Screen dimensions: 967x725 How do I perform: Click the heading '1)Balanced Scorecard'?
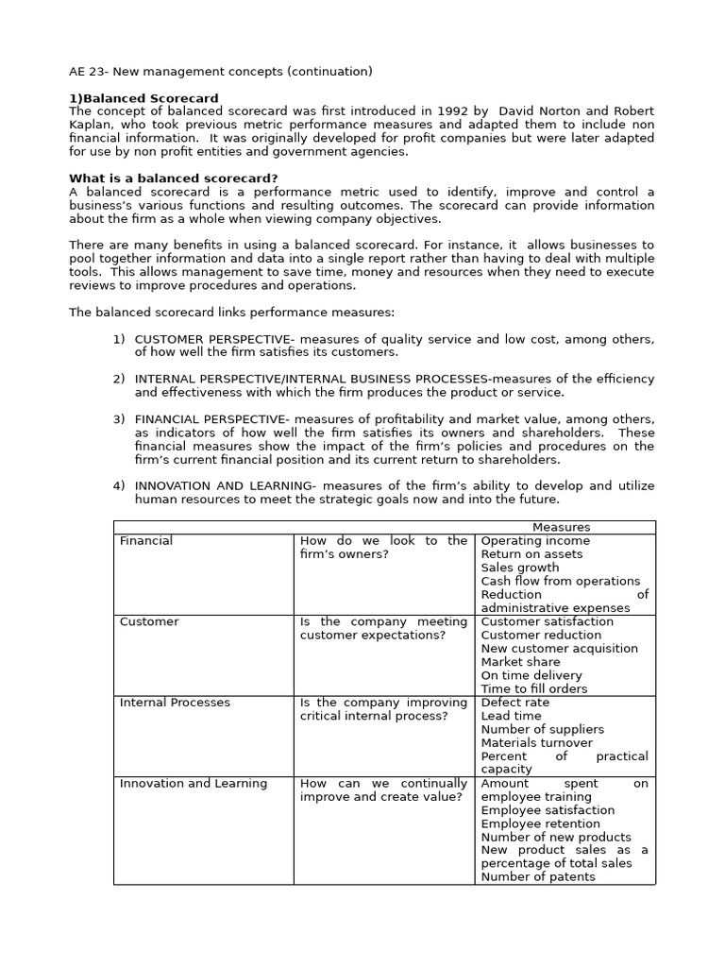[x=143, y=98]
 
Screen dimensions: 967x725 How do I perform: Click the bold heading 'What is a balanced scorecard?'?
[x=173, y=178]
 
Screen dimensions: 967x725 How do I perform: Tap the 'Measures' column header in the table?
[x=561, y=527]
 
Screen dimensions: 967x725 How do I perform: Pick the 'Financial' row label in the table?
[x=146, y=541]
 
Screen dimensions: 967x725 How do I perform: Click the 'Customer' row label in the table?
[x=149, y=621]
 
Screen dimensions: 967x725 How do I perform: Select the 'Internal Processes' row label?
[x=175, y=703]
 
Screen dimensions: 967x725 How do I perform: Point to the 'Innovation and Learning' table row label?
[x=194, y=784]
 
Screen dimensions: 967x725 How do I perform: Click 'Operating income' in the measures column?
[x=535, y=541]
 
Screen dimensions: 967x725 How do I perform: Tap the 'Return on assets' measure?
[x=532, y=554]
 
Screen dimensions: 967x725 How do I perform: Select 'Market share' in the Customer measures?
[x=520, y=662]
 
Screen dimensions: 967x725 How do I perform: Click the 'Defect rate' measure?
[x=514, y=703]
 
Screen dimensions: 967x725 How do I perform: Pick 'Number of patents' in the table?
[x=538, y=877]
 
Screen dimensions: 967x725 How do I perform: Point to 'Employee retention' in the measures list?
[x=542, y=823]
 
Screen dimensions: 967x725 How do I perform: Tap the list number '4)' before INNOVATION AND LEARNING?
[x=119, y=486]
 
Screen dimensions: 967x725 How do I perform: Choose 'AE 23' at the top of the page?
[x=91, y=72]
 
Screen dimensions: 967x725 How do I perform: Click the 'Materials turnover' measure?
[x=536, y=743]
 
